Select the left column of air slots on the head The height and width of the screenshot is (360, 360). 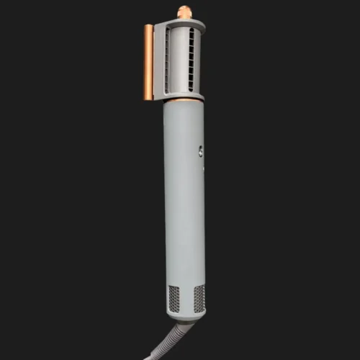(168, 61)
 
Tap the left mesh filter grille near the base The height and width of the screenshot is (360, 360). (173, 298)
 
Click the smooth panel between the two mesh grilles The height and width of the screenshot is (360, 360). (186, 298)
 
